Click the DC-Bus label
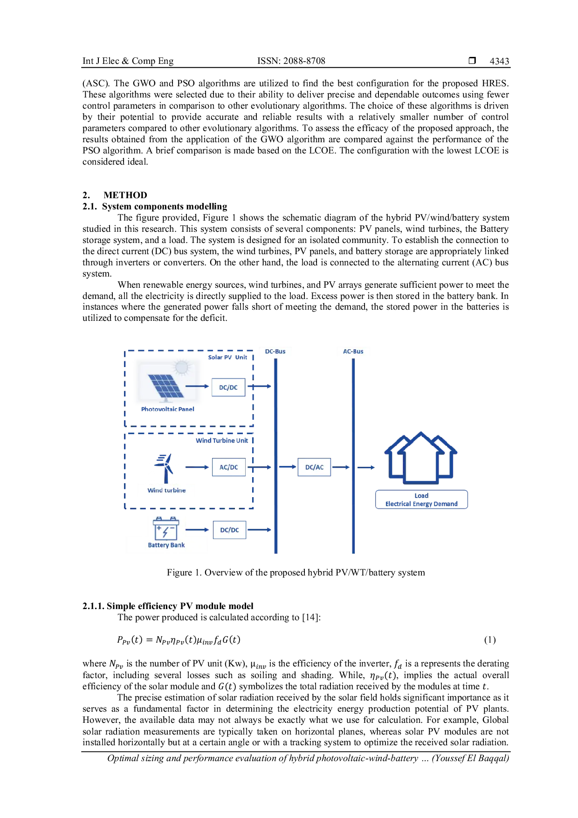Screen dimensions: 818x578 [275, 351]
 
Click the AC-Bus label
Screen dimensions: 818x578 [353, 351]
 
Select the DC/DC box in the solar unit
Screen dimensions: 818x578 [228, 388]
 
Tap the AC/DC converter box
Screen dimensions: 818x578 [229, 467]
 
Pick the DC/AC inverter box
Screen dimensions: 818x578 [314, 467]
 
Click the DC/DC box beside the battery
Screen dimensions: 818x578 [229, 530]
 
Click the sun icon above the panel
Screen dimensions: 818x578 [181, 367]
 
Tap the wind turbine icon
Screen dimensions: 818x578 [164, 467]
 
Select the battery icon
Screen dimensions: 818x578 [165, 528]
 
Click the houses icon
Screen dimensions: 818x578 [421, 458]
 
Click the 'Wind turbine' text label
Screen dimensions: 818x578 [166, 490]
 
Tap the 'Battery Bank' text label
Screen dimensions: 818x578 [166, 545]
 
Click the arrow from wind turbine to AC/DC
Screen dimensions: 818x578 [196, 467]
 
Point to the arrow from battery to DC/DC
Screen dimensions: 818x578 [198, 530]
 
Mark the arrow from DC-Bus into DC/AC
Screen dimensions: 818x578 [288, 467]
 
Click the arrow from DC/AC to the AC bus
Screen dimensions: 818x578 [342, 467]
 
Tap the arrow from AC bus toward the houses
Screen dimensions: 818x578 [366, 467]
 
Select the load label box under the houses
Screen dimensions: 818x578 [422, 500]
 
